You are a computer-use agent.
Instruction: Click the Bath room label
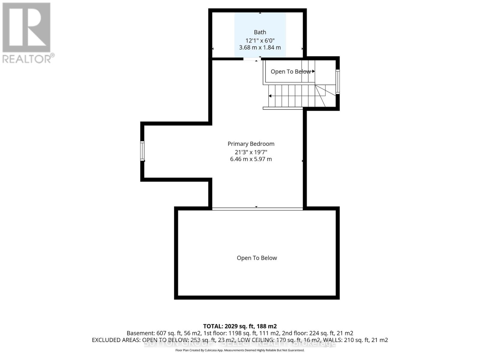(x=260, y=32)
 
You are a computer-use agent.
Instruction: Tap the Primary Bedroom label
(x=251, y=144)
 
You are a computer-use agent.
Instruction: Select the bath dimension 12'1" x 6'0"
(x=260, y=40)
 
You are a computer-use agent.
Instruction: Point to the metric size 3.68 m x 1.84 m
(x=260, y=47)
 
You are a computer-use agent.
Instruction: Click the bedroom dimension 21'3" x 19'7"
(x=251, y=152)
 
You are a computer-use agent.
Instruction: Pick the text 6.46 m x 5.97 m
(x=251, y=159)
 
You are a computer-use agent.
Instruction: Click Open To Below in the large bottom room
(x=257, y=258)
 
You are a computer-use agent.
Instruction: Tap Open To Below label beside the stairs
(x=290, y=72)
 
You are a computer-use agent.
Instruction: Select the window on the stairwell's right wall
(x=337, y=82)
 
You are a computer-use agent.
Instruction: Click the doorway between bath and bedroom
(x=251, y=59)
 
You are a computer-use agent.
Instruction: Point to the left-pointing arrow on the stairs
(x=270, y=96)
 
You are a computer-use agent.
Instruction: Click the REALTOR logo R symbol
(x=26, y=28)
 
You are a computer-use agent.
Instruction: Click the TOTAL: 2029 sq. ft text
(x=240, y=326)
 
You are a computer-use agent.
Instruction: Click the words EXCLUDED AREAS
(x=116, y=340)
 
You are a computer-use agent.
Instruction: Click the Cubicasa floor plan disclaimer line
(x=240, y=350)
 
